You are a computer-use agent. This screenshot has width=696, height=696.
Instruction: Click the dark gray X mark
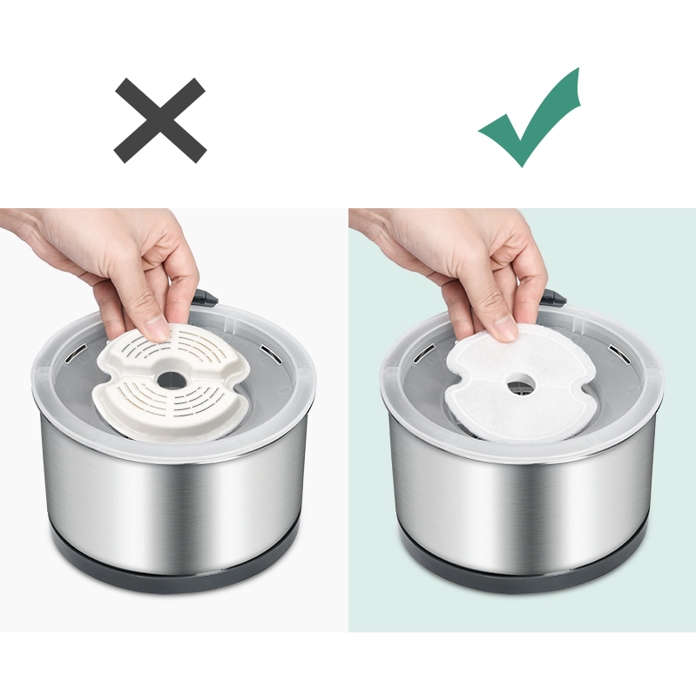coord(160,120)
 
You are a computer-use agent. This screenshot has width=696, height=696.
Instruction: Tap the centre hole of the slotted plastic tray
coord(171,380)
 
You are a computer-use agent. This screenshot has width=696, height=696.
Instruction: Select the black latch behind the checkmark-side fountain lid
coord(553,298)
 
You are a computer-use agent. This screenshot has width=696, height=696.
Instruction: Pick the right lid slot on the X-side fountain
coord(268,353)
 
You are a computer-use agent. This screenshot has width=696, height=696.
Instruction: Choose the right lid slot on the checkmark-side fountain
coord(617,353)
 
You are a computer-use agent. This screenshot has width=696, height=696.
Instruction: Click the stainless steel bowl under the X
coord(174,497)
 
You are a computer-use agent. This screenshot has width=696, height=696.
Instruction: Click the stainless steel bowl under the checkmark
coord(523,497)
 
